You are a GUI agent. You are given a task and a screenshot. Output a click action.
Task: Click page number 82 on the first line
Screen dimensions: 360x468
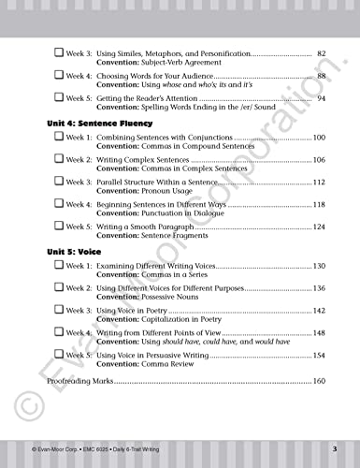pyautogui.click(x=321, y=53)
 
